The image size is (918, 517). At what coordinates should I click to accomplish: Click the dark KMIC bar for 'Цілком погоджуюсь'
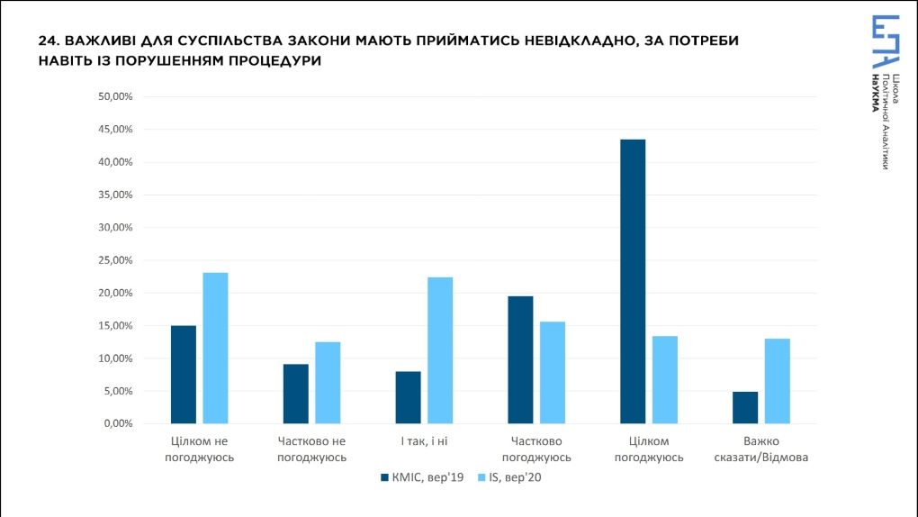[x=633, y=281]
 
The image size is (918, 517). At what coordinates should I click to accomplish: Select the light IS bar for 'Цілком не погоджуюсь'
[x=215, y=348]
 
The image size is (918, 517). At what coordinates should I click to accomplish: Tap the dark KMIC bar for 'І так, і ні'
[x=408, y=397]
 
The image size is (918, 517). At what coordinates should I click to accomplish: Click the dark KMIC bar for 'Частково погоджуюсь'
[x=520, y=359]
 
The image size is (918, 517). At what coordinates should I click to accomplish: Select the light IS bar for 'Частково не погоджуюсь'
[x=328, y=383]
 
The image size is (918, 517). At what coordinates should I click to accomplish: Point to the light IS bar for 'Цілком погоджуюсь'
[x=665, y=379]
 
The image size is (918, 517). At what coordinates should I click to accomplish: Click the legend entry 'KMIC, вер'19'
[x=422, y=478]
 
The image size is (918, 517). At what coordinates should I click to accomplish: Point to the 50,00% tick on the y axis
[x=114, y=96]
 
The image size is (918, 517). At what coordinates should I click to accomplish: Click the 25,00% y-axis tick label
[x=114, y=260]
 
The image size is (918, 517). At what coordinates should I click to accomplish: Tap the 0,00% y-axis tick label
[x=117, y=423]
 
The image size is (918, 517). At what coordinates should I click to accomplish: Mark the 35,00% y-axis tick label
[x=114, y=195]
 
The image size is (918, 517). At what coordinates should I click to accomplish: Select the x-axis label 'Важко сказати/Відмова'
[x=761, y=449]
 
